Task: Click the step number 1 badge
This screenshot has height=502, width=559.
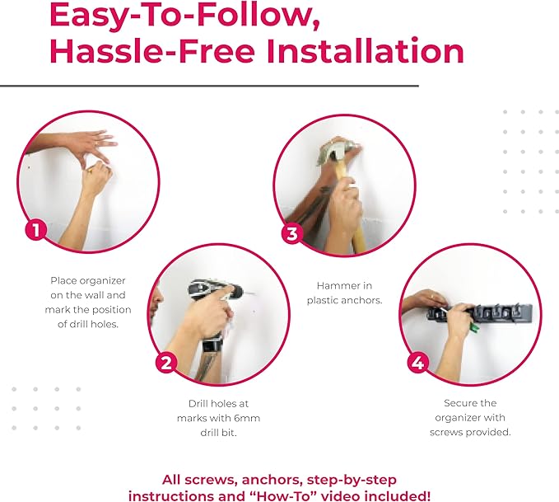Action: (x=35, y=229)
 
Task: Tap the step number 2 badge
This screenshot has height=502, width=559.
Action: (x=167, y=362)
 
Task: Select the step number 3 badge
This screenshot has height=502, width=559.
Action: (x=291, y=233)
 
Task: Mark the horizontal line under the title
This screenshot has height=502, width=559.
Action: (x=209, y=85)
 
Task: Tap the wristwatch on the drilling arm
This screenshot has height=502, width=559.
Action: (x=211, y=345)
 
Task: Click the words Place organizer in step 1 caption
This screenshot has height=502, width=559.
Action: (x=88, y=280)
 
